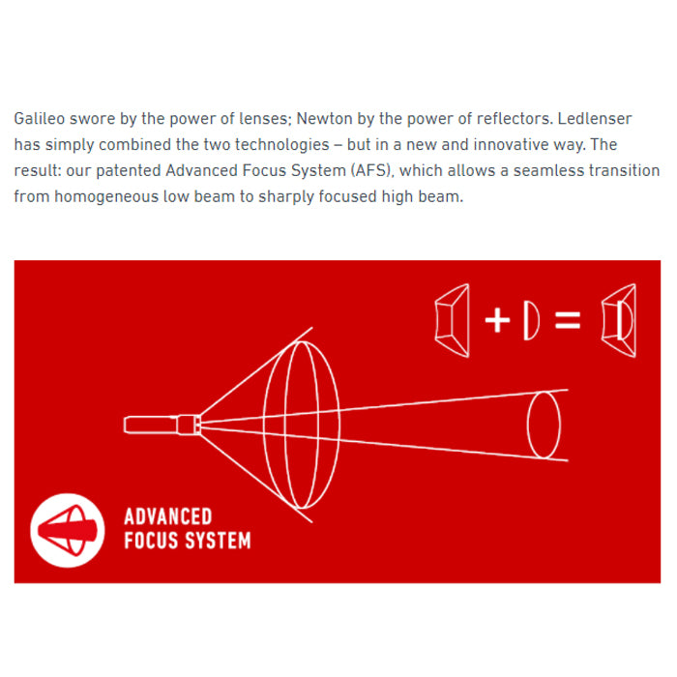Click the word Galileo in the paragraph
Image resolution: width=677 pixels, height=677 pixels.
[40, 118]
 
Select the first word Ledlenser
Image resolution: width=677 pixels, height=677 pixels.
[595, 118]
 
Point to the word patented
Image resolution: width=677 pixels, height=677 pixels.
[129, 171]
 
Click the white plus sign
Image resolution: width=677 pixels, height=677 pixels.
[497, 320]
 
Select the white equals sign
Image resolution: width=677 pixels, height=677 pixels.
[568, 320]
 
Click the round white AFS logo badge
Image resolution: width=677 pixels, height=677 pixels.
[68, 530]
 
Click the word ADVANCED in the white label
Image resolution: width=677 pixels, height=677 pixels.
[168, 516]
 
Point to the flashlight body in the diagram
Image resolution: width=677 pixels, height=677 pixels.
[162, 425]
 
